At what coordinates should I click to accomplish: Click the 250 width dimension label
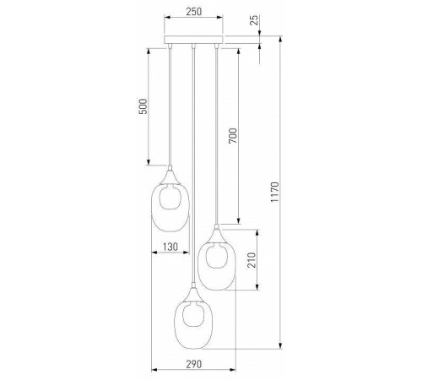[x=194, y=12]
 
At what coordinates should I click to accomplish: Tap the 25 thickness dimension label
[x=254, y=20]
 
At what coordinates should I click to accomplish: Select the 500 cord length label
[x=143, y=106]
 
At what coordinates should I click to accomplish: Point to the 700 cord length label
[x=233, y=136]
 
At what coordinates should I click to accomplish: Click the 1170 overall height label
[x=274, y=192]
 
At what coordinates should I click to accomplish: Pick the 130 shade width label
[x=170, y=247]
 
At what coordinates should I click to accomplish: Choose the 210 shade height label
[x=252, y=260]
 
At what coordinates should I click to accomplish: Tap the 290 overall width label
[x=194, y=364]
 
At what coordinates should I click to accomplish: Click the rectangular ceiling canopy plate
[x=193, y=40]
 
